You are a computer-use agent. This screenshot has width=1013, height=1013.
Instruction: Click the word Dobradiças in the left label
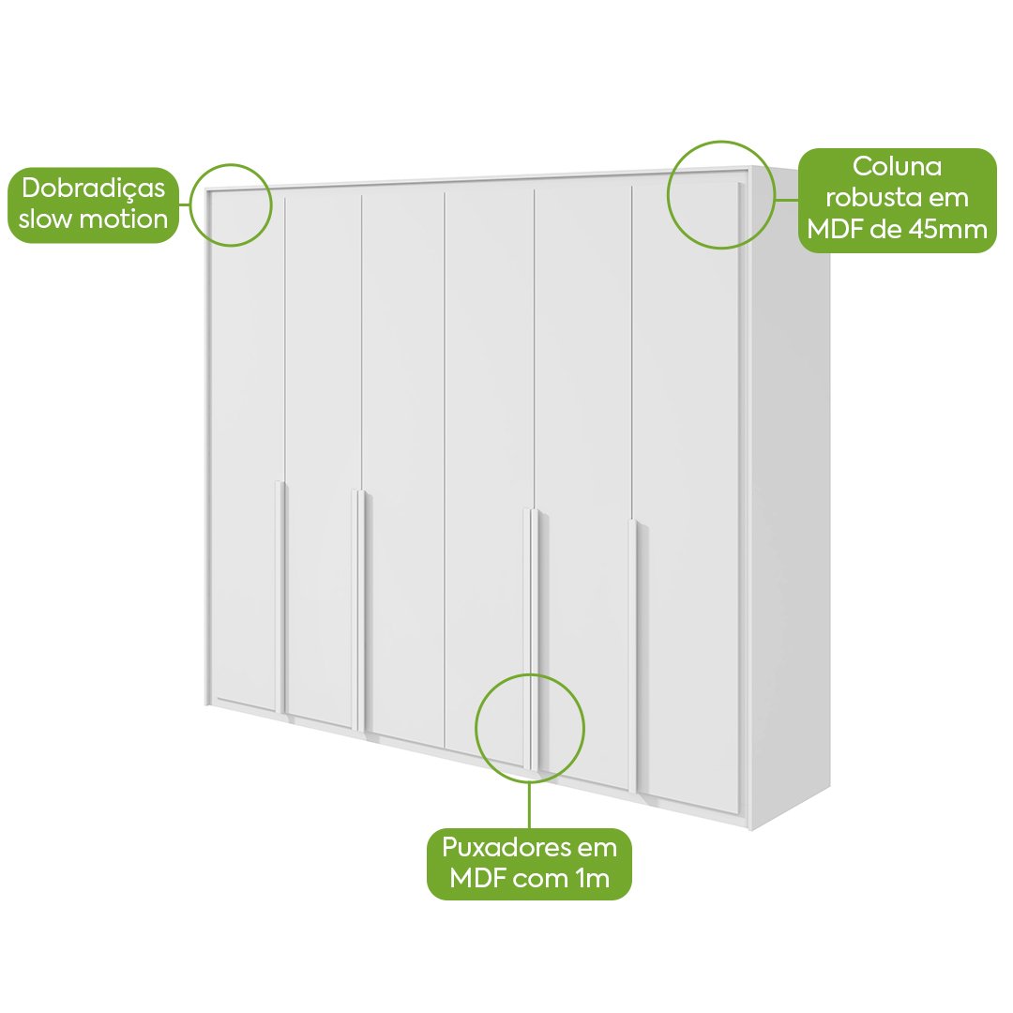[94, 188]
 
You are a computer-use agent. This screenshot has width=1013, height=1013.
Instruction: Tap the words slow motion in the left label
[93, 219]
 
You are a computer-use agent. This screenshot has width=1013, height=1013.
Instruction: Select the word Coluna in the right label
[898, 167]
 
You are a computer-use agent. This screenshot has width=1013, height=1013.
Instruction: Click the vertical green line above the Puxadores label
[530, 806]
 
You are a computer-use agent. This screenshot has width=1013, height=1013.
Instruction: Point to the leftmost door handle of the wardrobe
[280, 597]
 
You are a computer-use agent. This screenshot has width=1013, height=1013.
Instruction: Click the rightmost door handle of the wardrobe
[633, 656]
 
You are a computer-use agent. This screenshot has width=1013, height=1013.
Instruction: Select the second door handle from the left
[360, 611]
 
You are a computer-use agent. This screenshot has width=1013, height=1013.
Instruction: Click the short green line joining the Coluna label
[786, 200]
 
